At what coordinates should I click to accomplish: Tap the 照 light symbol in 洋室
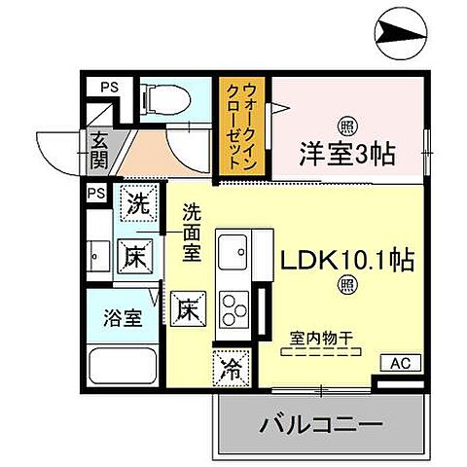pyautogui.click(x=345, y=125)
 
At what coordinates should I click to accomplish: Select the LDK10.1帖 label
pyautogui.click(x=346, y=261)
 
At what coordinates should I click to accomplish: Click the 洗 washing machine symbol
pyautogui.click(x=137, y=205)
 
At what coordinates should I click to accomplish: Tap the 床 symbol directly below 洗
pyautogui.click(x=135, y=257)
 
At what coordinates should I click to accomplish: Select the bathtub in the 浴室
pyautogui.click(x=121, y=368)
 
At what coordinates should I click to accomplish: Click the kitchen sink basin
pyautogui.click(x=233, y=253)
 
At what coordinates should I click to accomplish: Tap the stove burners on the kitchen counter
pyautogui.click(x=233, y=308)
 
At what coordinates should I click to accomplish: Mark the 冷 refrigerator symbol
pyautogui.click(x=231, y=368)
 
